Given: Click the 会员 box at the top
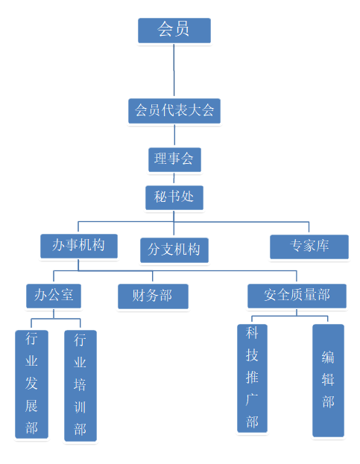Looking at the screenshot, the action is coord(174,31).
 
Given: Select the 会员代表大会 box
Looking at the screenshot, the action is coord(174,111).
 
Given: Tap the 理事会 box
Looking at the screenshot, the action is coord(174,160).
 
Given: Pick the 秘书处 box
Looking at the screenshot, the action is coord(174,197).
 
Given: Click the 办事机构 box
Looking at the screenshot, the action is coord(79,247).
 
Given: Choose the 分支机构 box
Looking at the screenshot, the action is coord(174,250).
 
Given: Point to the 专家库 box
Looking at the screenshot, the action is coord(309,247).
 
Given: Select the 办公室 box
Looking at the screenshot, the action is coord(54,296).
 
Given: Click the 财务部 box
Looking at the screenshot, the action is coord(153,296).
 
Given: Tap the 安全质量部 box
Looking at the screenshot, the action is coord(297,296).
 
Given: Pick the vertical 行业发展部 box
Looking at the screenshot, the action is coord(31,384).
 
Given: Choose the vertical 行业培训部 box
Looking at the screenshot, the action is coord(80,386).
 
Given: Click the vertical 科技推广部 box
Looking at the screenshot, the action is coord(252,378).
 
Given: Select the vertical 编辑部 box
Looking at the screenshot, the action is coord(328,381).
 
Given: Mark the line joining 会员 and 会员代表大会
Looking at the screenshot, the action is coord(174,71).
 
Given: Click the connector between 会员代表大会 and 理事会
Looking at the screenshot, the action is coord(174,136).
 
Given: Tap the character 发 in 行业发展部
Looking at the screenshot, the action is coord(31,384).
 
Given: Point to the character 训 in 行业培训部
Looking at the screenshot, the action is coord(80,407).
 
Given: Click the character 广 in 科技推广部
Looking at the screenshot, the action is coord(252,399).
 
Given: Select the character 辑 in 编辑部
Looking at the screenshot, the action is coord(328,380).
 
